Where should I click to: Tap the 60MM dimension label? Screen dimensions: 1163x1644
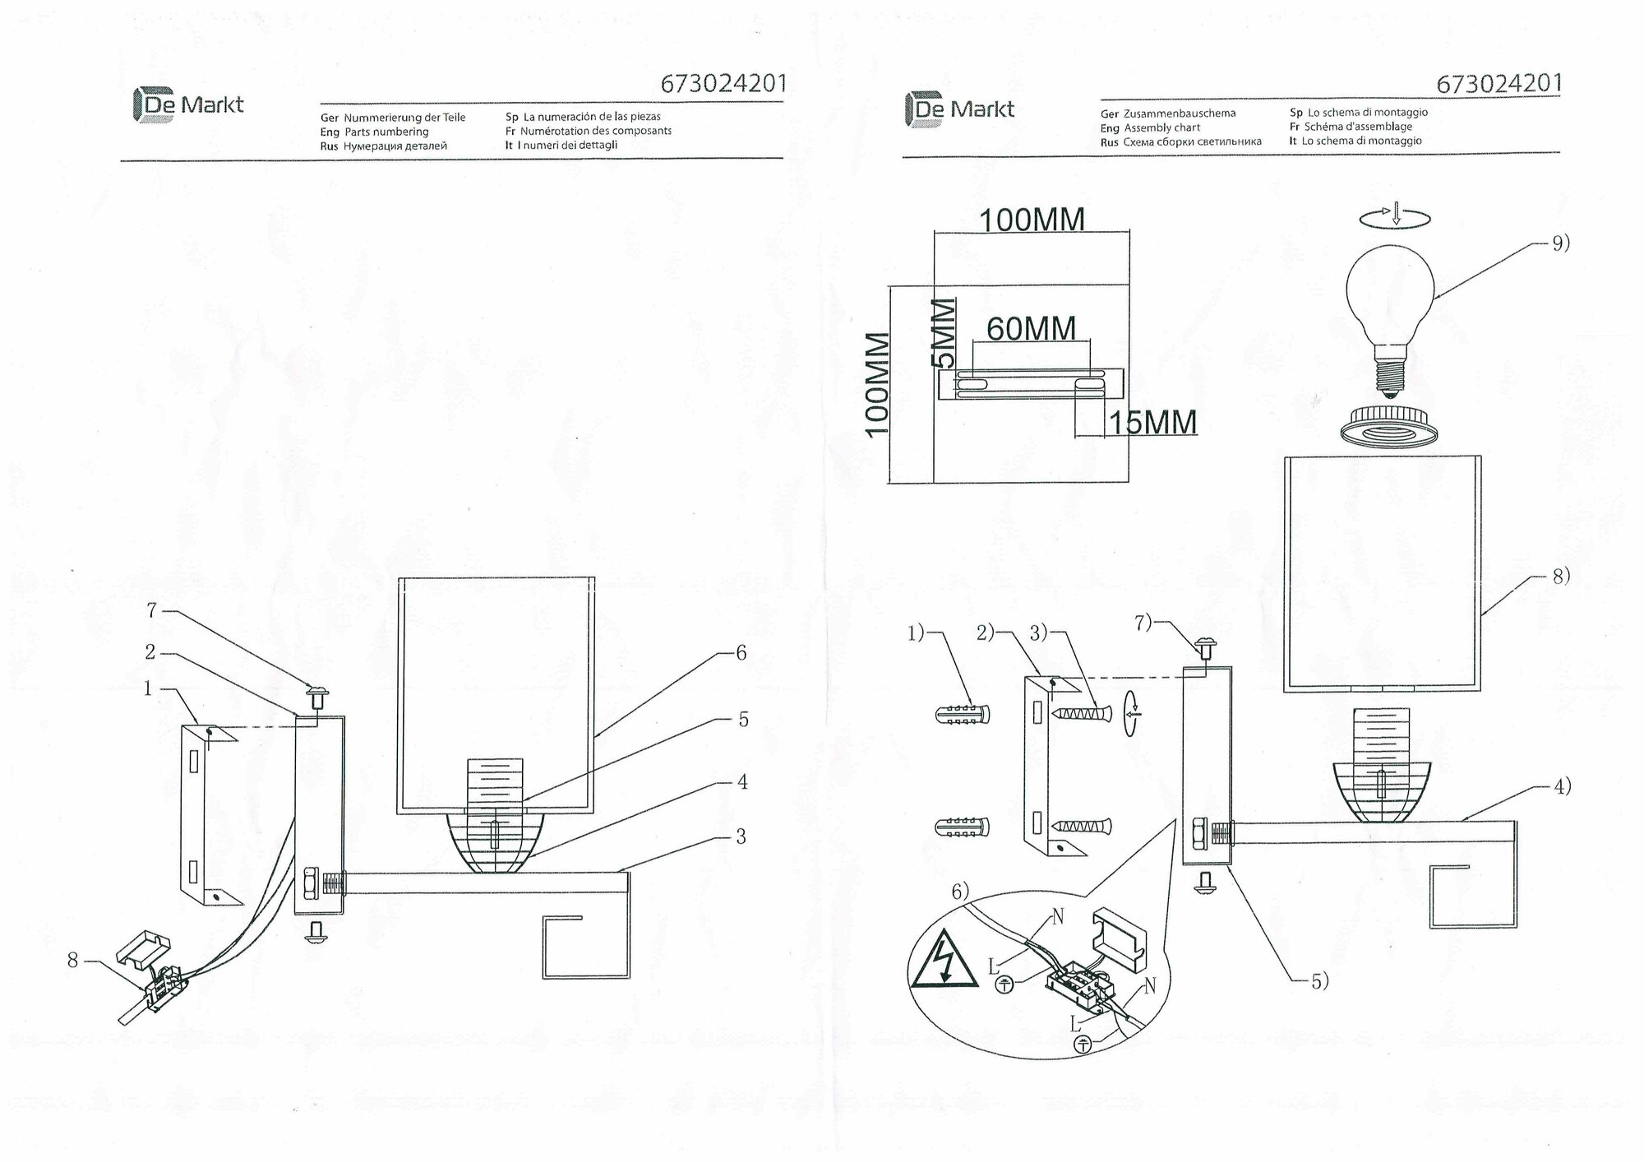(x=1031, y=329)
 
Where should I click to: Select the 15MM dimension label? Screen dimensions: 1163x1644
(x=1152, y=423)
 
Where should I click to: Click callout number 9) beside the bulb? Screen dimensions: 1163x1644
(x=1560, y=243)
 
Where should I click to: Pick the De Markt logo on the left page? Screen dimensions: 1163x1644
(x=189, y=105)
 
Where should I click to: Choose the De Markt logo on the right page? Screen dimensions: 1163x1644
(x=960, y=109)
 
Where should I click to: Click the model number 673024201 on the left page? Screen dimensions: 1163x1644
(x=723, y=84)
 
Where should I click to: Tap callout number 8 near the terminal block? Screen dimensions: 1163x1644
(x=73, y=960)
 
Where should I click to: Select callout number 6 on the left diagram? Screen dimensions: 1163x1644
(x=741, y=653)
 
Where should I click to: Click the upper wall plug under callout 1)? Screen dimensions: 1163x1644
(x=962, y=713)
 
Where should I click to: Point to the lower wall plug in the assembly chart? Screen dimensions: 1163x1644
(x=962, y=826)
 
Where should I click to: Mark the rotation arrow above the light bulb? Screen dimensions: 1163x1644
(x=1395, y=217)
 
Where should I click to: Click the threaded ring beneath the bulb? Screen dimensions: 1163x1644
(x=1390, y=425)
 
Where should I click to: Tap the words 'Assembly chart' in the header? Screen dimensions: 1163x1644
(x=1162, y=127)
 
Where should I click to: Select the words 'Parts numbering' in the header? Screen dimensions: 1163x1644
(x=386, y=132)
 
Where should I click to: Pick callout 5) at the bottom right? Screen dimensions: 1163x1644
(x=1318, y=981)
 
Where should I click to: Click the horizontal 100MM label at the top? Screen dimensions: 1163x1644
(x=1031, y=220)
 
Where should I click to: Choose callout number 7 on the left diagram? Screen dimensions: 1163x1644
(x=151, y=611)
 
